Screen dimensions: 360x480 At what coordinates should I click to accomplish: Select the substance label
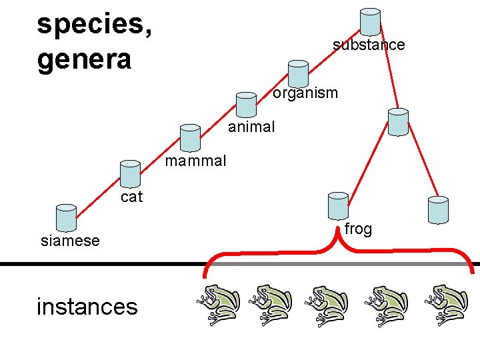coord(369,45)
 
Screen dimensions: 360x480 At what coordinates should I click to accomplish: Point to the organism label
coord(305,93)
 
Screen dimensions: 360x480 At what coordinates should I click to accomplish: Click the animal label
coord(251,127)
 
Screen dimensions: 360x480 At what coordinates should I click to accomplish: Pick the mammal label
coord(195,161)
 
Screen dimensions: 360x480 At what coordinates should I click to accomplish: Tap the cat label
coord(132,197)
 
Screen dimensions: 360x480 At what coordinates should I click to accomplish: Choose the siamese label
coord(70,241)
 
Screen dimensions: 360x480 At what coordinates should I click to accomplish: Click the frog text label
coord(358,229)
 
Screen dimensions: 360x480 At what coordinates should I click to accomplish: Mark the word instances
coord(87,306)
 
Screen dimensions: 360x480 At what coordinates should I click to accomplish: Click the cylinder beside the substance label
coord(370,22)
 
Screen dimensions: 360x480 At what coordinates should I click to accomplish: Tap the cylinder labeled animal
coord(247,104)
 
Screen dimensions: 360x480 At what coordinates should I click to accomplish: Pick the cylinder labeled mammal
coord(190,138)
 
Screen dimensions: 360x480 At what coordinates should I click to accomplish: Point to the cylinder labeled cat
coord(130,173)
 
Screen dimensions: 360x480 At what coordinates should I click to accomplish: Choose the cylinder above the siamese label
coord(66,217)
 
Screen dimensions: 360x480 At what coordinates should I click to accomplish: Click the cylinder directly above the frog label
coord(339,205)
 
